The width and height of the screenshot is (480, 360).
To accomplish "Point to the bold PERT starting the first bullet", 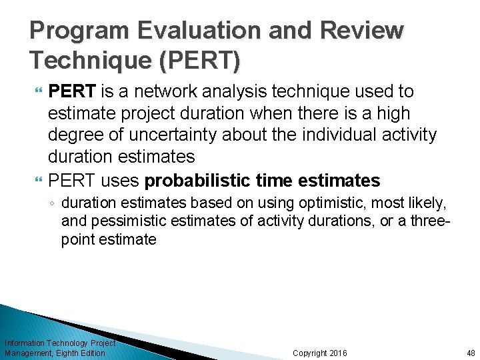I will (x=73, y=91).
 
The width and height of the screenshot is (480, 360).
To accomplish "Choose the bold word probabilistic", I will (x=201, y=181).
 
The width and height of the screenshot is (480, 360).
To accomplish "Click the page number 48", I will (x=471, y=353).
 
